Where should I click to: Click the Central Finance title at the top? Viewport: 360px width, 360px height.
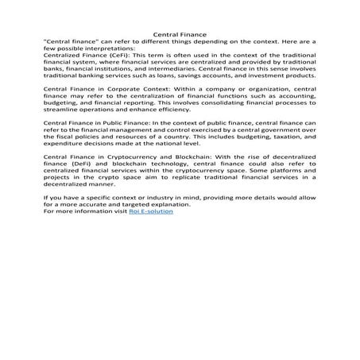(x=180, y=35)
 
